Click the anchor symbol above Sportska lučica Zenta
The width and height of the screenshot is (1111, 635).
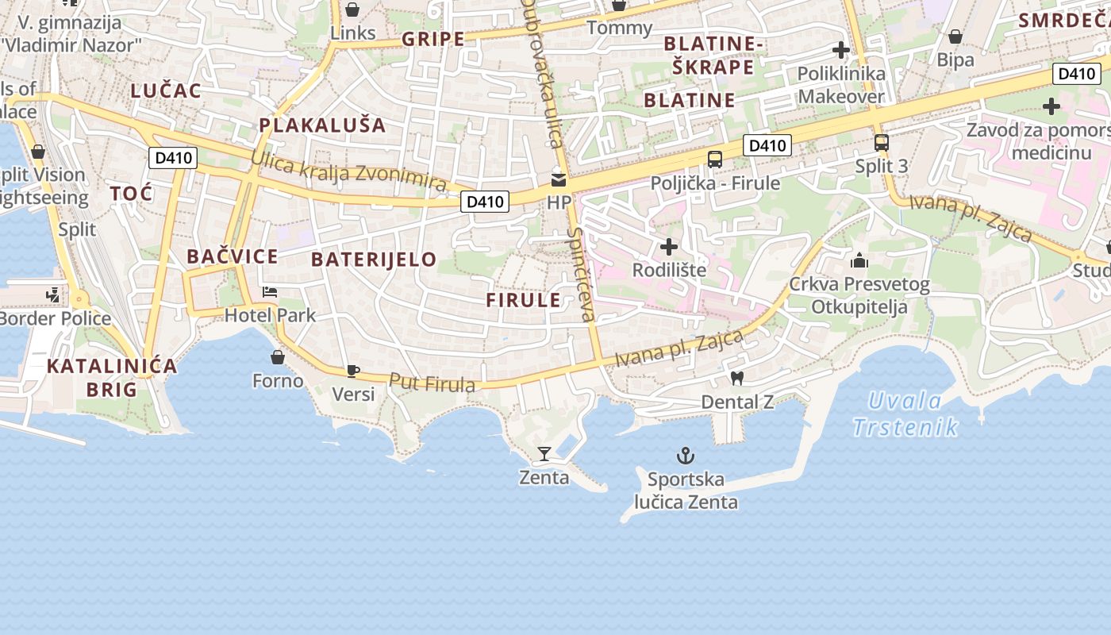tap(685, 456)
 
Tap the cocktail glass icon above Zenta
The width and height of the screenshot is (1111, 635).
tap(544, 454)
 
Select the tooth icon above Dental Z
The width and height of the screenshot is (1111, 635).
tap(736, 379)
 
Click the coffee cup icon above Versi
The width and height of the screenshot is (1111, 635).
tap(353, 371)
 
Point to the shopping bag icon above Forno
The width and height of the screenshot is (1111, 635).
tap(277, 357)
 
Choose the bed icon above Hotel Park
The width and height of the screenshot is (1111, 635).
tap(270, 291)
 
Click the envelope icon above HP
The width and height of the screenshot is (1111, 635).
tap(559, 179)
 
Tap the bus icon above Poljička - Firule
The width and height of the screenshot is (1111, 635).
tap(714, 159)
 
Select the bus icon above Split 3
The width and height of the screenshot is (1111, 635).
tap(881, 143)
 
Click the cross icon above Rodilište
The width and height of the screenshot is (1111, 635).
tap(669, 247)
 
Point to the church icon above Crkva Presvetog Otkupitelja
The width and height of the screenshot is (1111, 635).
tap(859, 260)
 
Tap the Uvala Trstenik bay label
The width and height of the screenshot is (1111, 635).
tap(905, 414)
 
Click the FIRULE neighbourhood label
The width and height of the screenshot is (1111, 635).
tap(523, 300)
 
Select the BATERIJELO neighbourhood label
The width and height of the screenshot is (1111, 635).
tap(374, 260)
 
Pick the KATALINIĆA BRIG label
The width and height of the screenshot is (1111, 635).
tap(111, 378)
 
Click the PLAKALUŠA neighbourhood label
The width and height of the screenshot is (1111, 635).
tap(322, 125)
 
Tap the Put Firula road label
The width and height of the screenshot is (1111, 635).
tap(432, 383)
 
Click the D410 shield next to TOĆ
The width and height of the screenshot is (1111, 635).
tap(173, 158)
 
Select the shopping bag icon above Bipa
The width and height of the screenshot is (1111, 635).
tap(955, 37)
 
